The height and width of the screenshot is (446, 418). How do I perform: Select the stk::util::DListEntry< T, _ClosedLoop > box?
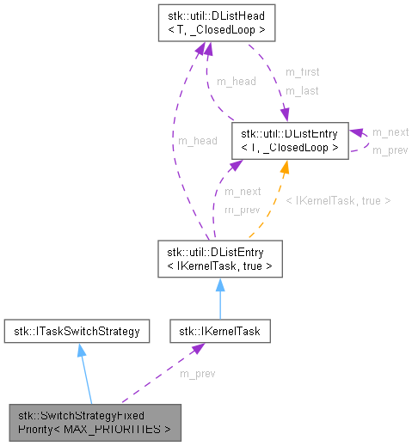[290, 140]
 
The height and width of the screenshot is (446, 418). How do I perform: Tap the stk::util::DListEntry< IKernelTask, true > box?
[219, 259]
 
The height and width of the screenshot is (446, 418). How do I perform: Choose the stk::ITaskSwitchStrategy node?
[77, 330]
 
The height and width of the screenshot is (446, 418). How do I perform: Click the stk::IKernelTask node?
[220, 330]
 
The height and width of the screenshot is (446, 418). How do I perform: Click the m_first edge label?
[301, 72]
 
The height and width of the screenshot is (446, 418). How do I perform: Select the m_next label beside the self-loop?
[390, 132]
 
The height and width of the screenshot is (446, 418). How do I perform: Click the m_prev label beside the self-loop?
[390, 150]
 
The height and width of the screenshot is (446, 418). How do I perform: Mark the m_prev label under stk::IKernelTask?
[197, 373]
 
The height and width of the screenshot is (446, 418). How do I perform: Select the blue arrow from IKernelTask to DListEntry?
[220, 297]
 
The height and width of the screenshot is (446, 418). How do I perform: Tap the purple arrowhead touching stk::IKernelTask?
[197, 348]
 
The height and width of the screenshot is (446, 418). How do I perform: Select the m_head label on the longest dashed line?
[196, 141]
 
